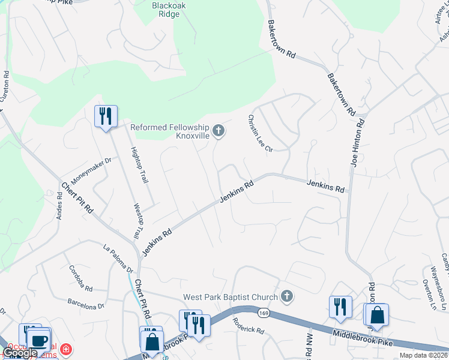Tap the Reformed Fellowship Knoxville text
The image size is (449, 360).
(170, 131)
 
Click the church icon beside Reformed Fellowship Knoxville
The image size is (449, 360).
(218, 130)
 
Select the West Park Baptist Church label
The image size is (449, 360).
(231, 297)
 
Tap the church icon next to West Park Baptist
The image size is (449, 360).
(287, 296)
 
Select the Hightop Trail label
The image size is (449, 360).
(139, 166)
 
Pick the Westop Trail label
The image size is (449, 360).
(137, 220)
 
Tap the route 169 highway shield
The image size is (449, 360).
(263, 313)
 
